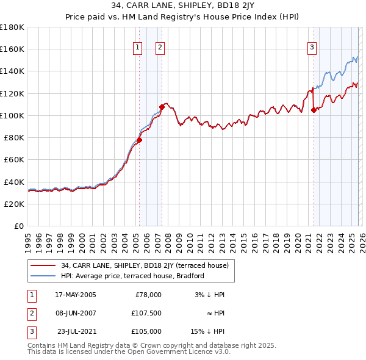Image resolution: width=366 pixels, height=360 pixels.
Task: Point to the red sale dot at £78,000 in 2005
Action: (139, 140)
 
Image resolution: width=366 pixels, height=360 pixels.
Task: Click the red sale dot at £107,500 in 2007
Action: (162, 107)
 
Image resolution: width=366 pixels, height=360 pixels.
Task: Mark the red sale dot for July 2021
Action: (314, 110)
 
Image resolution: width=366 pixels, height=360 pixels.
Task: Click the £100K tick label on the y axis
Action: (12, 115)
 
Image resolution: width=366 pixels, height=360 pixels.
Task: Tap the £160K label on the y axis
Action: (12, 49)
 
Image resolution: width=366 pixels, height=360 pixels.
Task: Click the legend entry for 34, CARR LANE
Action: (145, 265)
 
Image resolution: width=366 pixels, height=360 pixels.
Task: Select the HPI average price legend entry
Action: (132, 276)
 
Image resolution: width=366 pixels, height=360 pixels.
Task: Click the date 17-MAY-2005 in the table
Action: (76, 295)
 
